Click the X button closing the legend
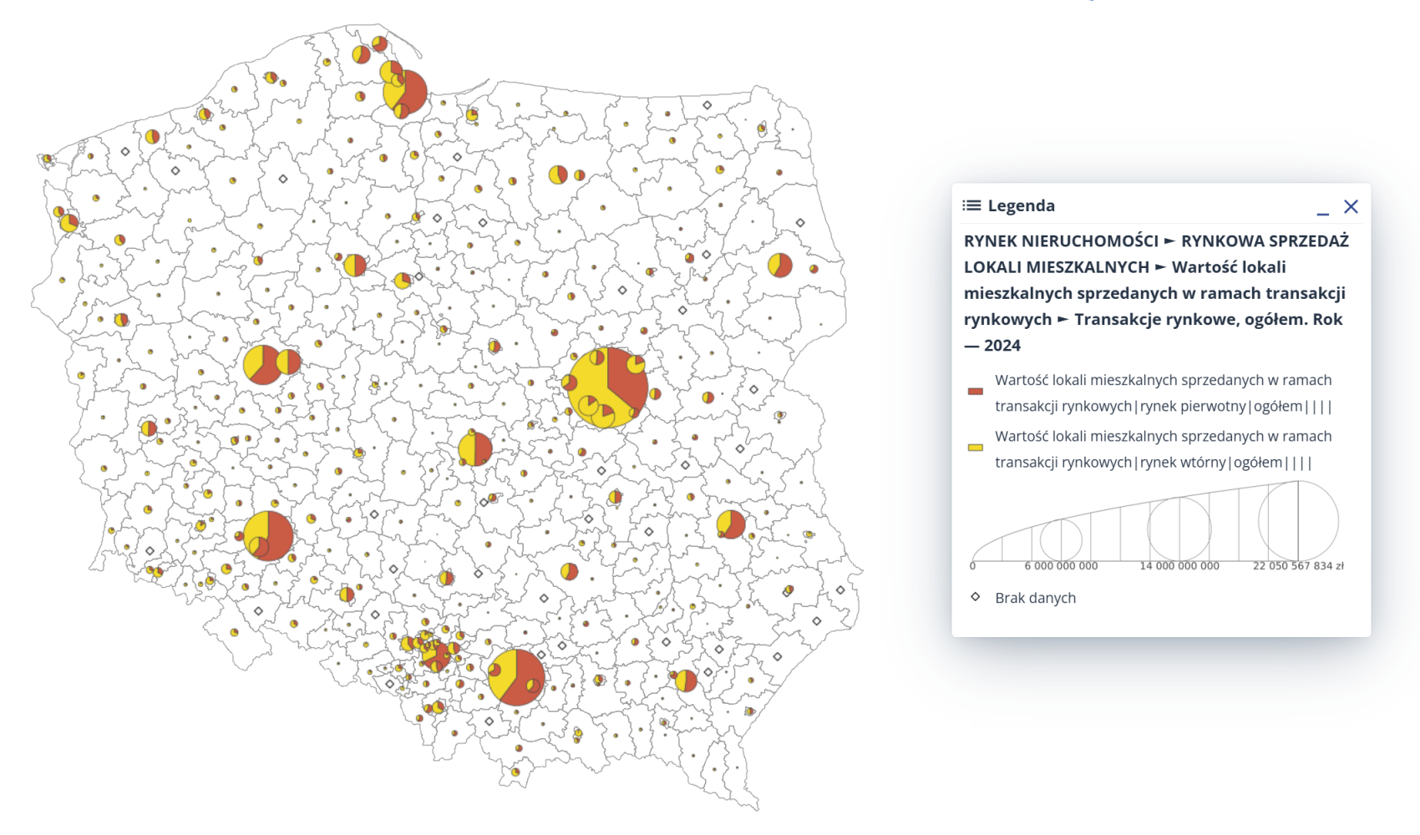click(x=1351, y=206)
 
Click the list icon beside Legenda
click(x=971, y=205)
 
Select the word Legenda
click(x=1021, y=205)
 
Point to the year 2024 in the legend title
click(x=1002, y=346)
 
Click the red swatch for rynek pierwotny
click(x=975, y=391)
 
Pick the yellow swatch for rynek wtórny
click(x=975, y=448)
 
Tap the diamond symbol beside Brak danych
click(x=975, y=597)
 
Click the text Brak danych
click(x=1035, y=598)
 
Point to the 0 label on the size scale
click(x=972, y=566)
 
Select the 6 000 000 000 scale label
click(x=1061, y=566)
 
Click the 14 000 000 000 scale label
click(x=1179, y=566)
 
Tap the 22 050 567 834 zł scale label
click(x=1297, y=566)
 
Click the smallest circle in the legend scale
click(x=1061, y=539)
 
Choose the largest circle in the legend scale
click(x=1298, y=521)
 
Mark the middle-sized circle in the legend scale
click(x=1179, y=529)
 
